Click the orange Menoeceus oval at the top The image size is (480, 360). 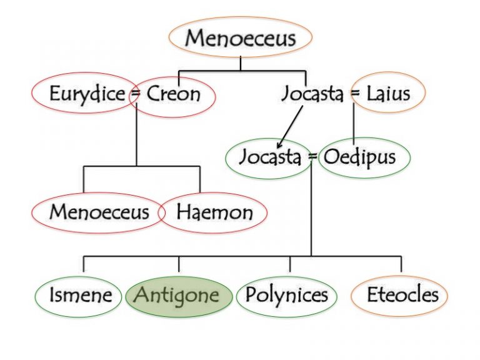point(241,37)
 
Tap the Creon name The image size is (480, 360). point(174,94)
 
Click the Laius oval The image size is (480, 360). point(388,92)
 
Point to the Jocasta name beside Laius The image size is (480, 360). point(312,93)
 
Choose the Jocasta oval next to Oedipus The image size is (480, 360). point(269,159)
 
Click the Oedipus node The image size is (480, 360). point(364,157)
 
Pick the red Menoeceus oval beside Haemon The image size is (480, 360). point(98,212)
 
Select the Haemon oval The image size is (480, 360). point(212,212)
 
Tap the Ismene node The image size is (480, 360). point(78,297)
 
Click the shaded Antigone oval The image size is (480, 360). point(179,297)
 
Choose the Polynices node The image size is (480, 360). point(287,296)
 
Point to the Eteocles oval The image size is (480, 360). point(399,296)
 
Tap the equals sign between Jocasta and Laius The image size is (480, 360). point(355,93)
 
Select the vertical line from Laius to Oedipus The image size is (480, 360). point(354,124)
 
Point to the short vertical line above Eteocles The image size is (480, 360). point(401,264)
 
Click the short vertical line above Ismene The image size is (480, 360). point(84,264)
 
